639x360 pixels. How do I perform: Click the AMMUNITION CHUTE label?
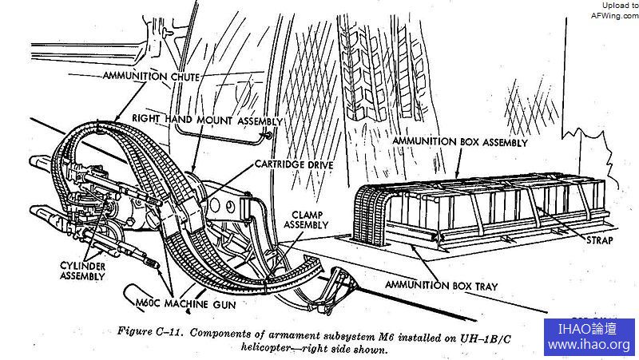click(151, 76)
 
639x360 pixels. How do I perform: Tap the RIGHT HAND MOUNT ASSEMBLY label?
click(206, 120)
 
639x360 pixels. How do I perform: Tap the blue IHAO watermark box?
click(589, 337)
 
